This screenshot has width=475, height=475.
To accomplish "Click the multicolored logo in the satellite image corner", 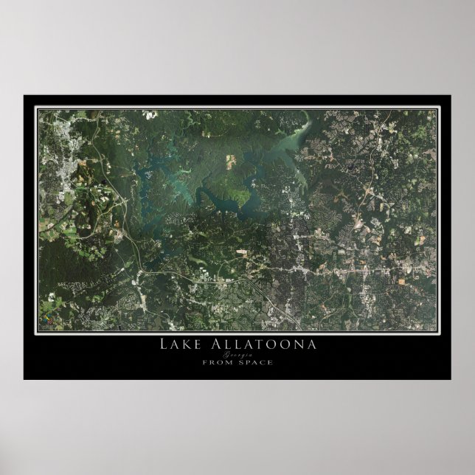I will (x=50, y=321).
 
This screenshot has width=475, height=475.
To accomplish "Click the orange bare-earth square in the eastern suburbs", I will (x=401, y=281).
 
